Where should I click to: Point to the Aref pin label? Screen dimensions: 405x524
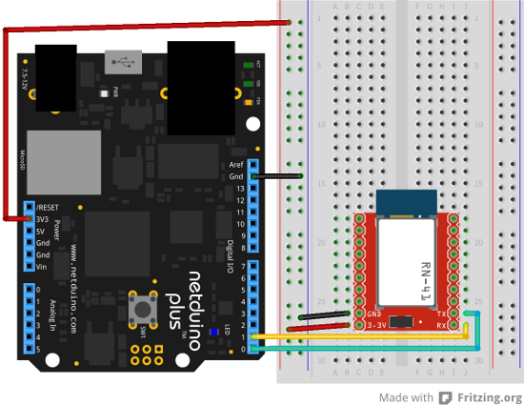236,164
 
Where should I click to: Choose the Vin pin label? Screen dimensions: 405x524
43,267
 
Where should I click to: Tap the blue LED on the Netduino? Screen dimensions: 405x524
215,332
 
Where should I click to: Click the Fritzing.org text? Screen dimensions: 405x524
488,397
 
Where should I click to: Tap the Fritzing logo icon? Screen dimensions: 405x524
443,397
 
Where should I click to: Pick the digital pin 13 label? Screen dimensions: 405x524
238,189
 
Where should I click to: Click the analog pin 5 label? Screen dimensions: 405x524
38,349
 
